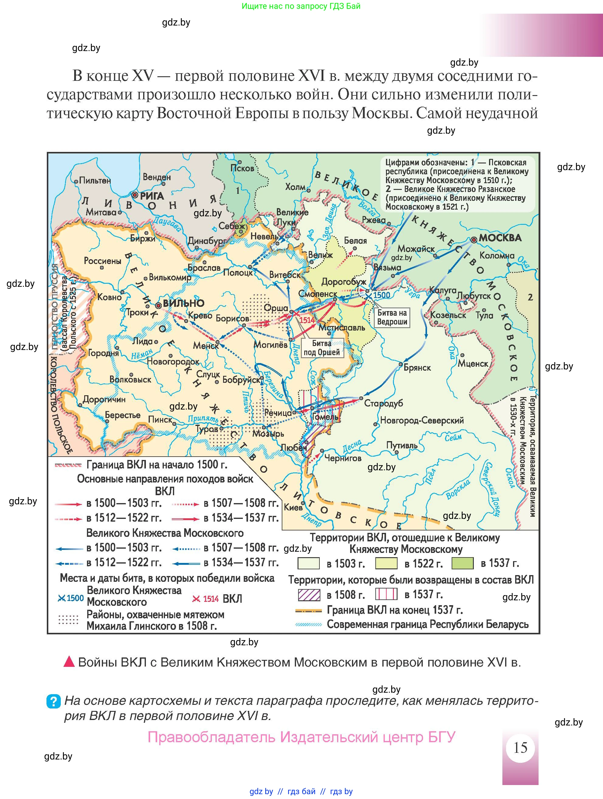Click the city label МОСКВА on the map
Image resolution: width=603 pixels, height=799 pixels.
(x=500, y=238)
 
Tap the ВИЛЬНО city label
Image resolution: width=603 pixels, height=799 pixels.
(x=184, y=303)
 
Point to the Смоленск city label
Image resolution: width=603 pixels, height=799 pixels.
(x=318, y=294)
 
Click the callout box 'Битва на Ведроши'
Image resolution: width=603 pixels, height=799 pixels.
(x=392, y=317)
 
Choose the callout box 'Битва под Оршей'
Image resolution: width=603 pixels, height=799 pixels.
(x=322, y=348)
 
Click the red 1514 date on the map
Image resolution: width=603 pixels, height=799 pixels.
(x=307, y=320)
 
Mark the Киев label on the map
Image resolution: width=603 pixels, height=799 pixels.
(x=293, y=507)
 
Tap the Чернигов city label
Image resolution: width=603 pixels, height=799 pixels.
(x=343, y=458)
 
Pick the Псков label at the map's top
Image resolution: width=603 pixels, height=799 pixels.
(x=243, y=168)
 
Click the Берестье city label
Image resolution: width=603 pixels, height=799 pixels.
(x=122, y=415)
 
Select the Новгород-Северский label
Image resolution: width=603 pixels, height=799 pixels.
(x=422, y=420)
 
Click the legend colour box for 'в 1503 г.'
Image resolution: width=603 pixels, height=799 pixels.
(x=308, y=563)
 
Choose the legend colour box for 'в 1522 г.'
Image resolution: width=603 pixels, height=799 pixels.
(x=386, y=563)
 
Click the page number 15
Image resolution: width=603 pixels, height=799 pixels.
(x=520, y=747)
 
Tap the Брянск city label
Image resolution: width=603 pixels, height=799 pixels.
(x=417, y=367)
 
